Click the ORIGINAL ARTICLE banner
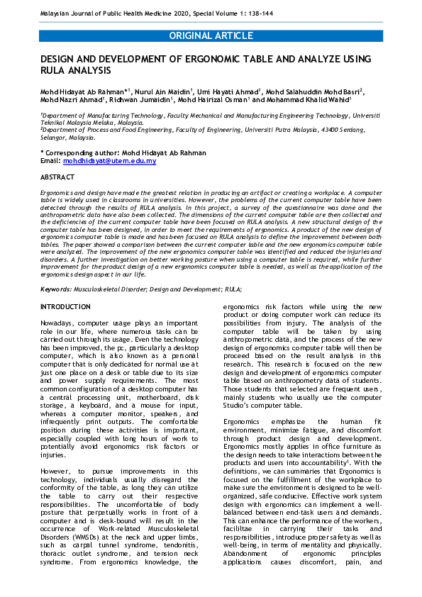(211, 35)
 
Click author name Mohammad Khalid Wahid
(315, 101)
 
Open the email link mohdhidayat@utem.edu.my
(109, 161)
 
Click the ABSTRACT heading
(57, 177)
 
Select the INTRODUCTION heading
(65, 306)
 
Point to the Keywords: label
(56, 289)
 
